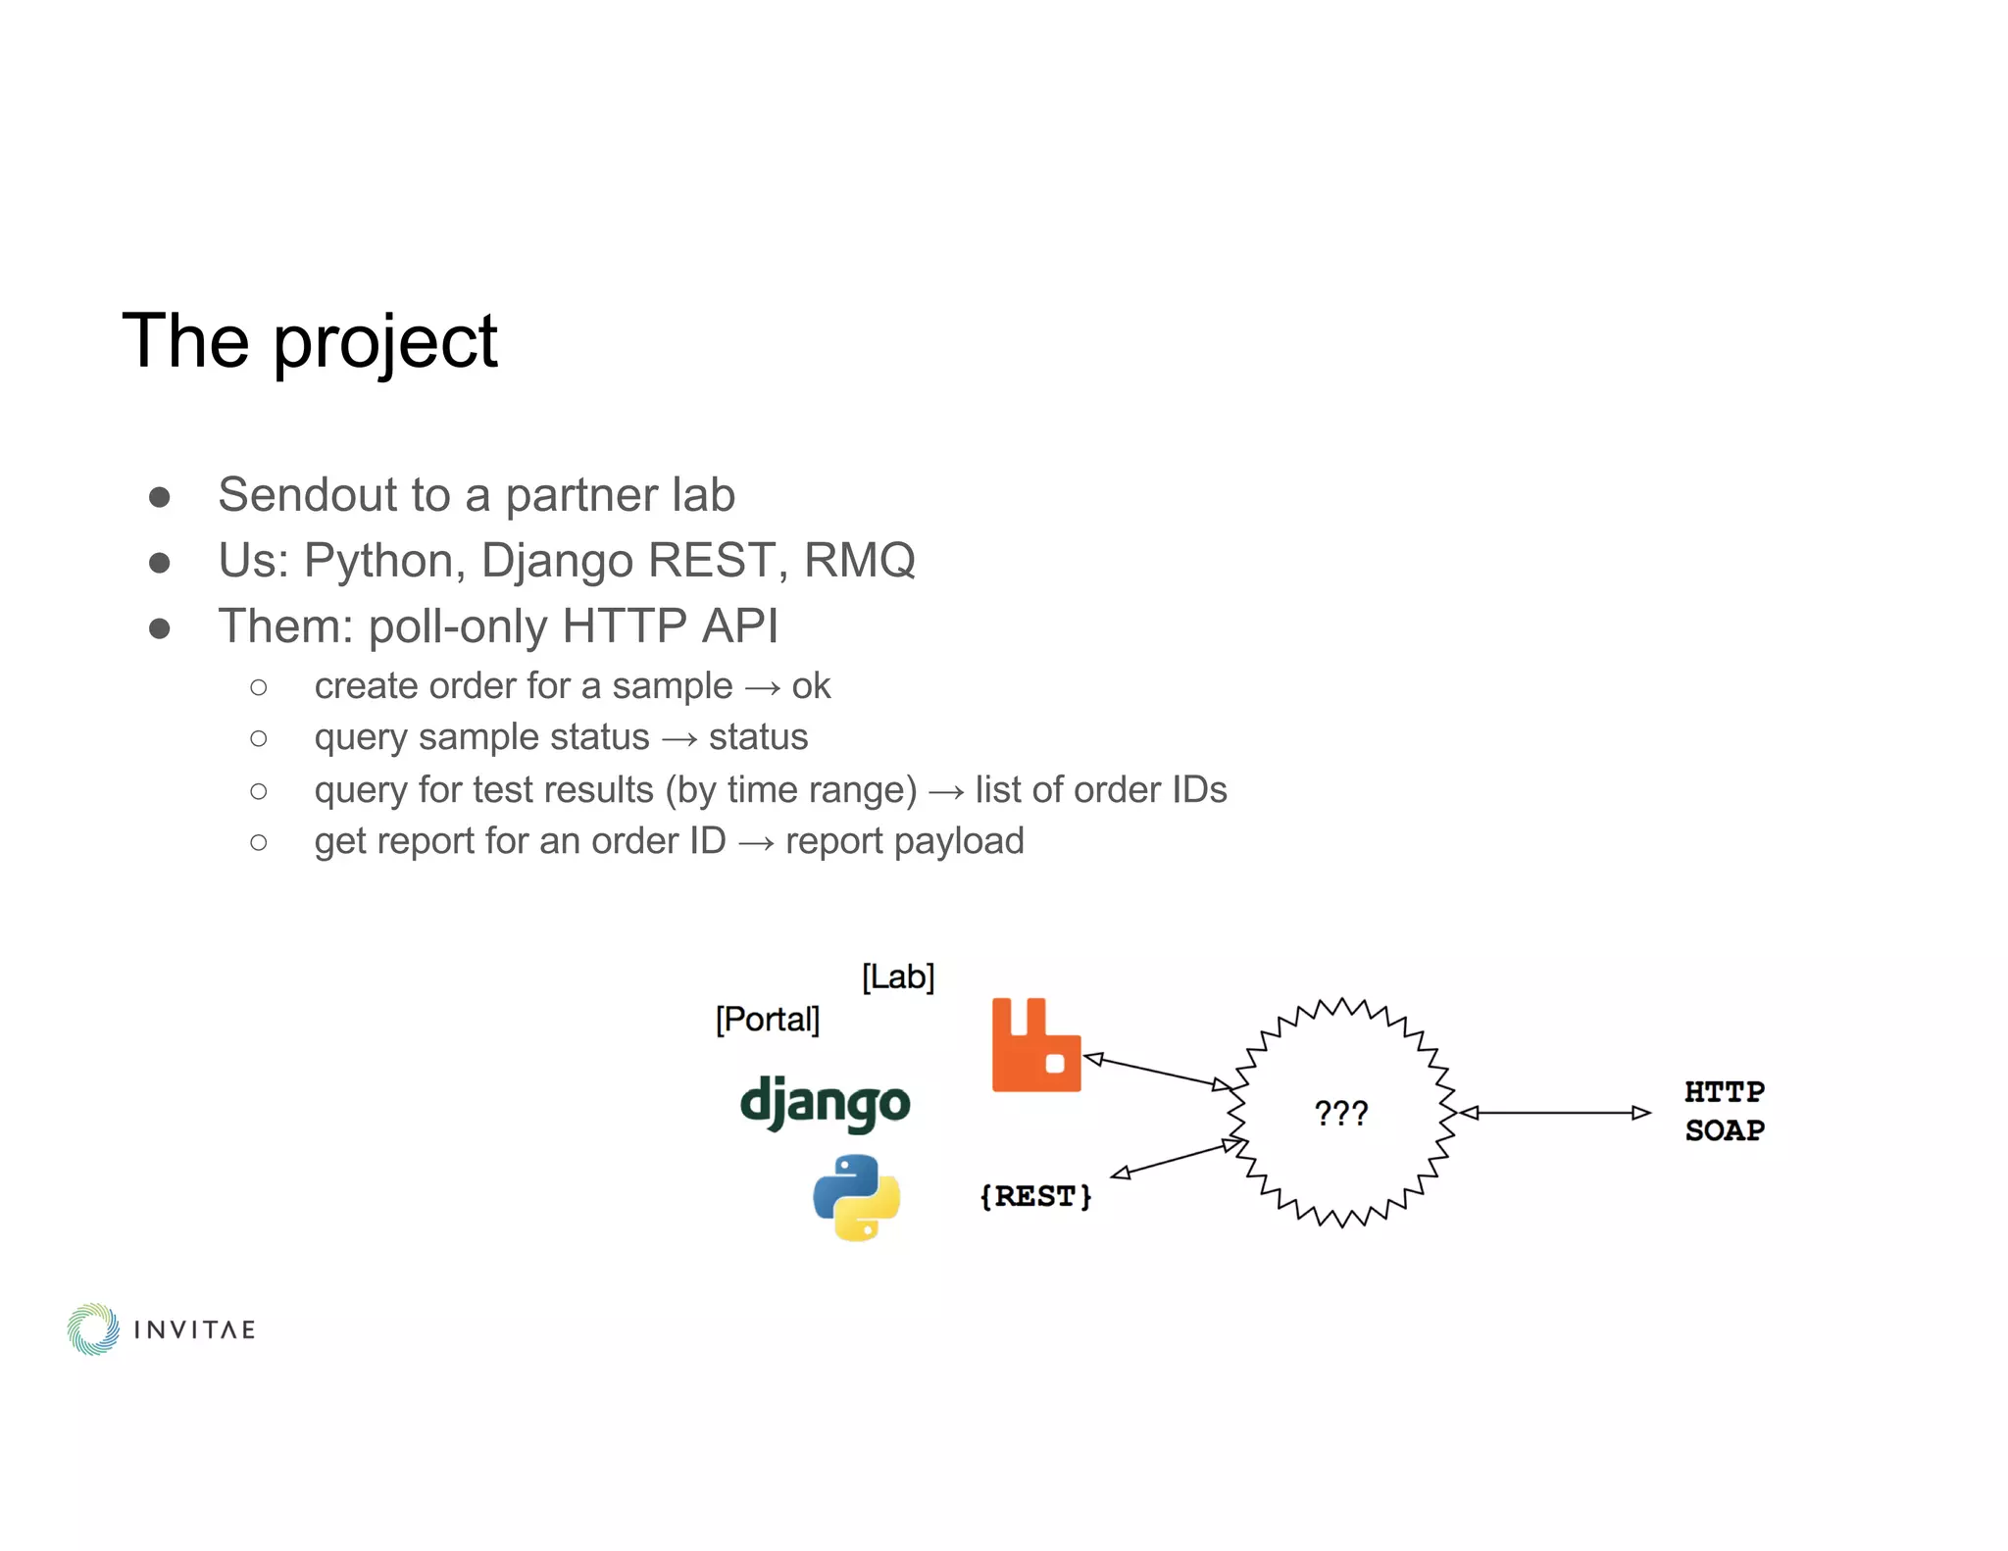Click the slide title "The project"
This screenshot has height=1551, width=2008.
(309, 341)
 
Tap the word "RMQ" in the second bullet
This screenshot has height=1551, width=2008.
(859, 561)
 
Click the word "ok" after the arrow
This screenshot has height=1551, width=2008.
(811, 686)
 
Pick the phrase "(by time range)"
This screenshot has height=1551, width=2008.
(791, 790)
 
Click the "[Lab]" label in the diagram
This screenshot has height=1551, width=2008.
(898, 976)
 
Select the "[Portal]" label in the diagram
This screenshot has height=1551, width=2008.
(768, 1020)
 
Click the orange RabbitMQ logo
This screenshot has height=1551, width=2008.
(1035, 1045)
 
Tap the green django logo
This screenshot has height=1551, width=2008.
(825, 1104)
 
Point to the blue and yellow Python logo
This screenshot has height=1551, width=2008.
(856, 1197)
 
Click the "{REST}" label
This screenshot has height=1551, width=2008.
(1035, 1196)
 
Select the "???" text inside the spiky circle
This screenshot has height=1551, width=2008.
(1340, 1114)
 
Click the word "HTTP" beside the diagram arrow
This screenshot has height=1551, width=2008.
(1724, 1092)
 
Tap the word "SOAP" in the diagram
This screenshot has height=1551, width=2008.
(1724, 1130)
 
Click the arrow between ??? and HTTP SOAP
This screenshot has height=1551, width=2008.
(1555, 1113)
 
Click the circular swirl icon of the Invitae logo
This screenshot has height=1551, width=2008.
(93, 1329)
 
